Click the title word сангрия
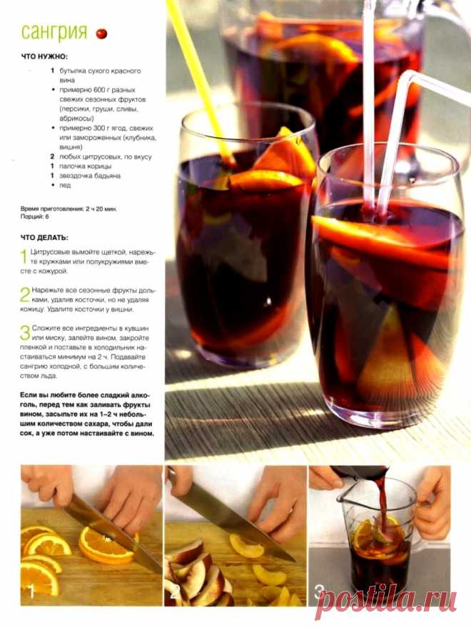pos(54,32)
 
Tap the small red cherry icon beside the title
pos(101,34)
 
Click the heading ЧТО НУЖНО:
pos(44,57)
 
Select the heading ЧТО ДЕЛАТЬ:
pos(44,237)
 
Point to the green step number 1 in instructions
pos(24,256)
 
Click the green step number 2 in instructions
pos(25,294)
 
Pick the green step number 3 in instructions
pos(25,332)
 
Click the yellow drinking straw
pos(200,80)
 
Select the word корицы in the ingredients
pos(99,166)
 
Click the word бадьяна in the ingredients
pos(106,176)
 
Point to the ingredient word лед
pos(65,185)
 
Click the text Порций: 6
pos(34,216)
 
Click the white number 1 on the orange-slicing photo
pos(31,592)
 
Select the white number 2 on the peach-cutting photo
pos(173,592)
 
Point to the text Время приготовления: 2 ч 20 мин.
pos(69,209)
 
